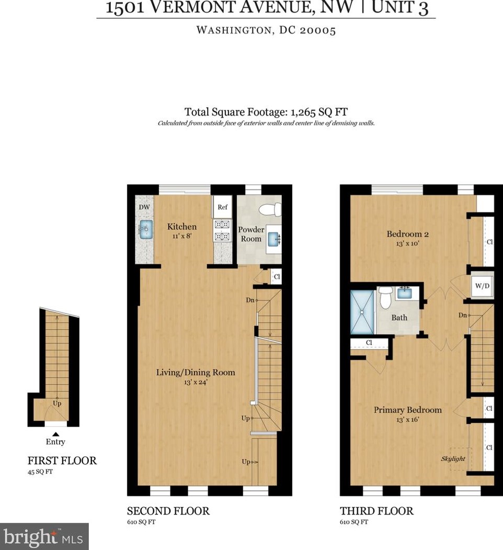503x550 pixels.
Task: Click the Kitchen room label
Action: [181, 227]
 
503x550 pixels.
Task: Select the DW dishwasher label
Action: [144, 207]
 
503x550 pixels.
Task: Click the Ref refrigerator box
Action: [222, 207]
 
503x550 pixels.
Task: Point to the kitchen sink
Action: [146, 228]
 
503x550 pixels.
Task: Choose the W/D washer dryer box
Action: [481, 286]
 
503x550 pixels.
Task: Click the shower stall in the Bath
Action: [362, 311]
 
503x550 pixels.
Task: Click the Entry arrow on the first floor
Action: [55, 433]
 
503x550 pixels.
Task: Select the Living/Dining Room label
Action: [196, 373]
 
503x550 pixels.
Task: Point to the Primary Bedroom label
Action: [407, 410]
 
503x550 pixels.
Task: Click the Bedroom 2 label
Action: [408, 233]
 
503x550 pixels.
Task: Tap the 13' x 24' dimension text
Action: [196, 382]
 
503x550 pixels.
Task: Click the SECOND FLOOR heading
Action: [168, 511]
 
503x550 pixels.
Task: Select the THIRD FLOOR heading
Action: [376, 511]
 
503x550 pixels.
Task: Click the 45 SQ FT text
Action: [40, 472]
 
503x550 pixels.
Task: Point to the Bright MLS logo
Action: [44, 536]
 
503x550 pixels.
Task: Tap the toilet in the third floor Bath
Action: [386, 299]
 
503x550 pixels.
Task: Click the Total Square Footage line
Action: [266, 111]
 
